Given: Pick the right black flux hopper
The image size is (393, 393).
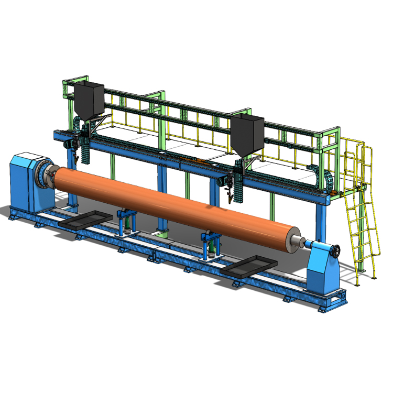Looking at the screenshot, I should coord(247,134).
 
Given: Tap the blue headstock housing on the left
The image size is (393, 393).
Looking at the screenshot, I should coord(24,178).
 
